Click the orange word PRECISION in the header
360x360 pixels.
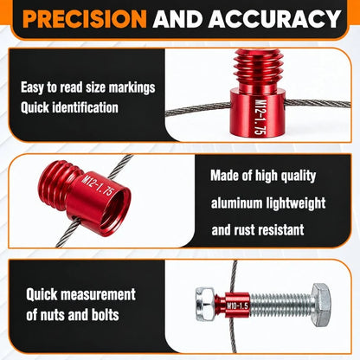point(85,18)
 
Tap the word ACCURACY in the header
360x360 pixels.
point(274,18)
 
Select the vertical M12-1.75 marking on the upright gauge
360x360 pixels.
point(260,117)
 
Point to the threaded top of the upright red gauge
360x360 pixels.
point(258,69)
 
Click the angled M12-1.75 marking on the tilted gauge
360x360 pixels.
point(98,186)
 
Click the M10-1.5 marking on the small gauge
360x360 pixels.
point(237,305)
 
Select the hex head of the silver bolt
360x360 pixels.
point(321,305)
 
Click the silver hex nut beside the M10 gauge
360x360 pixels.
point(205,304)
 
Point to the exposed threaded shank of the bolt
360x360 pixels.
point(280,305)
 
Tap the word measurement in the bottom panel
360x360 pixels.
point(98,294)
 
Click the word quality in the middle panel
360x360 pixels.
point(299,176)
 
